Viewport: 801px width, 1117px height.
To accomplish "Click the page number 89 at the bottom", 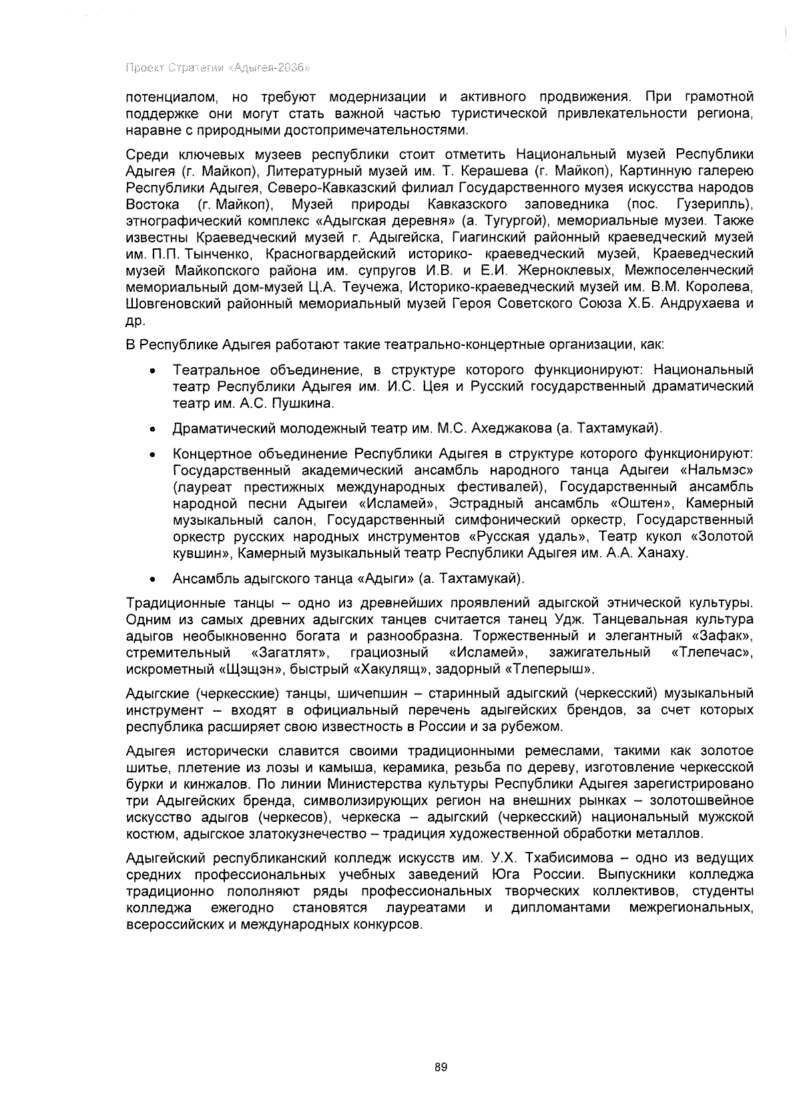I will pyautogui.click(x=440, y=1067).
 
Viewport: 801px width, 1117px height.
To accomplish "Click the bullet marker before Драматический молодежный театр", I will pyautogui.click(x=154, y=429).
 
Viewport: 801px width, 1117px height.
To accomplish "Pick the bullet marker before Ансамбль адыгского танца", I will pyautogui.click(x=154, y=579).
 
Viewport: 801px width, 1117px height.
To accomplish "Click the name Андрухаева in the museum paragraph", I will pyautogui.click(x=699, y=304).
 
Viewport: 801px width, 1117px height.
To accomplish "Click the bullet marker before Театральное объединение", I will pyautogui.click(x=154, y=371).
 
